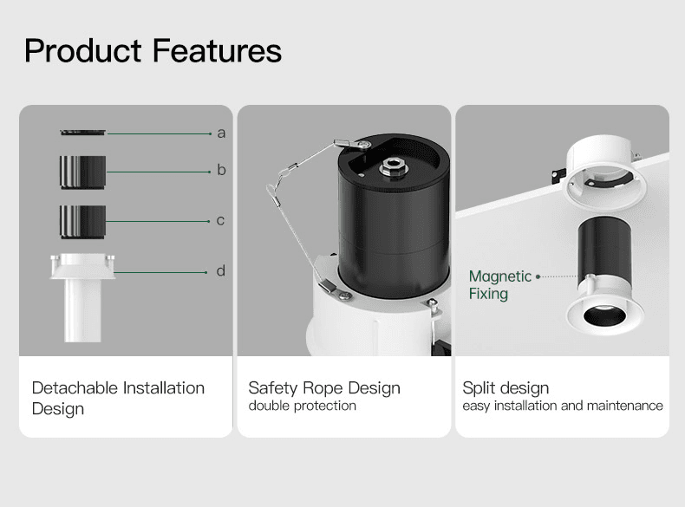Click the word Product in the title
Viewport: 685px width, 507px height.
point(83,50)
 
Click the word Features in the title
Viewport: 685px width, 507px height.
point(217,50)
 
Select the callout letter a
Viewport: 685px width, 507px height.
point(221,133)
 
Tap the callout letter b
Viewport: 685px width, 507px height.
point(221,170)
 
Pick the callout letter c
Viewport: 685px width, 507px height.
point(220,220)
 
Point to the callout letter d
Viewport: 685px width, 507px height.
point(221,270)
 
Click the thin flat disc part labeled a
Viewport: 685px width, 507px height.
point(83,133)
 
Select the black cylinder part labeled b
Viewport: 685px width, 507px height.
point(83,172)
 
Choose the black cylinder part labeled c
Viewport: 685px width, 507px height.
point(83,222)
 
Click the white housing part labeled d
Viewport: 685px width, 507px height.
point(82,297)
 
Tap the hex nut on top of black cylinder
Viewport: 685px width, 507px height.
point(394,167)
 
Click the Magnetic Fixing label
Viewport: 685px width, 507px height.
point(499,285)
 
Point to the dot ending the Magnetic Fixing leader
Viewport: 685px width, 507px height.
point(538,276)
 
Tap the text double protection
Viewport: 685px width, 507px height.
point(303,406)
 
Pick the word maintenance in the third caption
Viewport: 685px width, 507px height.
point(625,406)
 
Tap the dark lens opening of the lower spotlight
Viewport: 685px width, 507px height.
point(604,315)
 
